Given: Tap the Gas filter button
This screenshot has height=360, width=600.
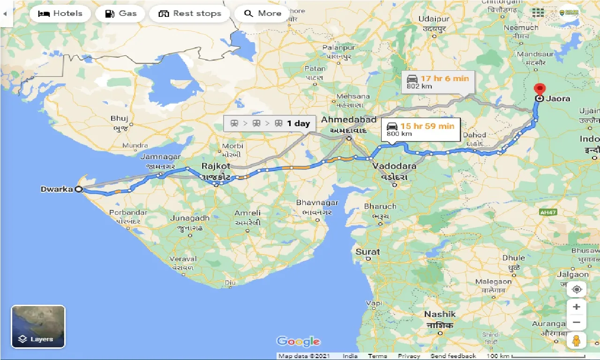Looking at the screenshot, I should click(121, 14).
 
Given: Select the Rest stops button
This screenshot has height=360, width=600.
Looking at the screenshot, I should click(190, 14).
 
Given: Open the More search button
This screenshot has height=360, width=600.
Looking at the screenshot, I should click(262, 14).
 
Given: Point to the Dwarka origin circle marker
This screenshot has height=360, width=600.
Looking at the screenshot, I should click(79, 189).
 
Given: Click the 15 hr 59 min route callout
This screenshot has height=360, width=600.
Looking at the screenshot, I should click(420, 129).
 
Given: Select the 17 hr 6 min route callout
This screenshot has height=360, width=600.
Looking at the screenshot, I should click(438, 82).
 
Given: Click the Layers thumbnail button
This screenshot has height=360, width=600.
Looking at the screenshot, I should click(38, 327).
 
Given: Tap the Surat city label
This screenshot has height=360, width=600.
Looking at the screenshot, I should click(367, 252).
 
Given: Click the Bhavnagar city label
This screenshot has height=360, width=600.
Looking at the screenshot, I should click(317, 203).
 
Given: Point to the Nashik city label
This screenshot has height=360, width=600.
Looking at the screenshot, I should click(440, 314).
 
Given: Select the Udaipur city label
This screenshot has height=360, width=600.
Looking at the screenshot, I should click(434, 19).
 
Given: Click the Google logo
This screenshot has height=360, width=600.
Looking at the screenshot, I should click(298, 341).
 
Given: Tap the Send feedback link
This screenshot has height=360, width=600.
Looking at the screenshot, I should click(453, 356).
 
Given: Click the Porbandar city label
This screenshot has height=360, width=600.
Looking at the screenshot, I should click(128, 212).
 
